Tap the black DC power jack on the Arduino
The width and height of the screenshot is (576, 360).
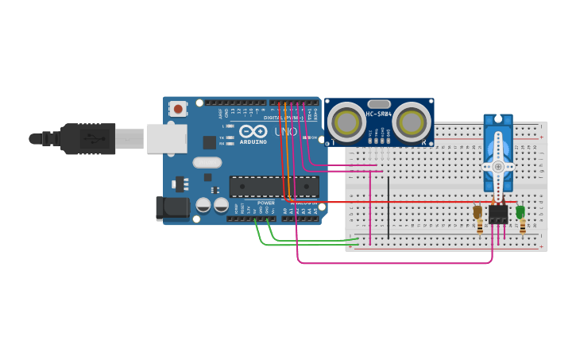pyautogui.click(x=173, y=208)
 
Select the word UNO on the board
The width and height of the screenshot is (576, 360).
pyautogui.click(x=285, y=131)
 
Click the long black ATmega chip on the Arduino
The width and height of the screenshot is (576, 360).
pyautogui.click(x=274, y=187)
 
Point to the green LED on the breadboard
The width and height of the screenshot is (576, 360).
pyautogui.click(x=520, y=212)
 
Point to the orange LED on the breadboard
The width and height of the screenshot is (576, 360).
pyautogui.click(x=477, y=212)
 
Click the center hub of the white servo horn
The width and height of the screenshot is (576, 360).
pyautogui.click(x=498, y=167)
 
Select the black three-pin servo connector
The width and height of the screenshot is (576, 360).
pyautogui.click(x=499, y=215)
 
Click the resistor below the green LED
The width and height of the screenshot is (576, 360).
pyautogui.click(x=522, y=227)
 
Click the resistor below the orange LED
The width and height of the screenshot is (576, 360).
pyautogui.click(x=479, y=227)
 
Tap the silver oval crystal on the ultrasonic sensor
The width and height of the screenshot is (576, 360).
pyautogui.click(x=379, y=103)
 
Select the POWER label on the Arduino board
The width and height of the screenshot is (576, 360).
pyautogui.click(x=265, y=203)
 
